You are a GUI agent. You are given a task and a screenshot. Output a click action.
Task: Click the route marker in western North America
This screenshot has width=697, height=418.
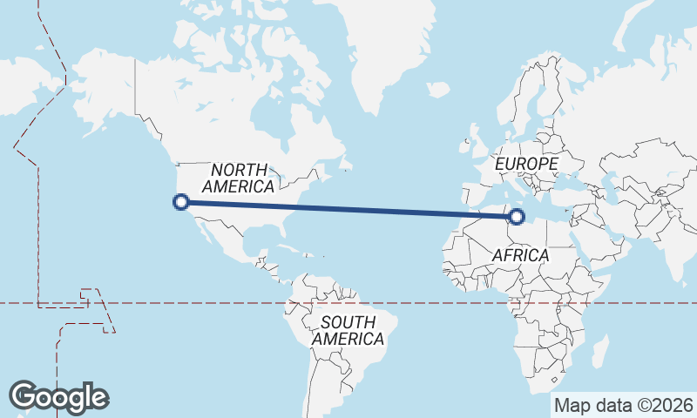181,202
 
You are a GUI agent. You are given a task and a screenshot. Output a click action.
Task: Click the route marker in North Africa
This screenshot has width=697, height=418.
517,216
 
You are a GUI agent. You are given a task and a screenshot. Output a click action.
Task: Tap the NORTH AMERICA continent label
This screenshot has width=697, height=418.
238,177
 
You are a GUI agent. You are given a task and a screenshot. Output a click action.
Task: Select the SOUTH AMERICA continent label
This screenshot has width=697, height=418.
348,330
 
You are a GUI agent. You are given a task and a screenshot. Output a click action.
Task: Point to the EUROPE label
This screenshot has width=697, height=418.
525,164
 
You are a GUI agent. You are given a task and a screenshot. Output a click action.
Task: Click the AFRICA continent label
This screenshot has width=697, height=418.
520,255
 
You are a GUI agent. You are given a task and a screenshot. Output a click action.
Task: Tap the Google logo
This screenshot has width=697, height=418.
58,396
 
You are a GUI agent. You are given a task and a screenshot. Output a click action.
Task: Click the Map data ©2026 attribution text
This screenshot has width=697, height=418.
623,405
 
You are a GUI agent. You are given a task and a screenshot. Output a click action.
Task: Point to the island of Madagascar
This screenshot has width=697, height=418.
599,353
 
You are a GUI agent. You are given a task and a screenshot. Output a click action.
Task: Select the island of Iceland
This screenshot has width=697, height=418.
438,89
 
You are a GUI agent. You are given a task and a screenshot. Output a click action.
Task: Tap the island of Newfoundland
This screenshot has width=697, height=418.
346,162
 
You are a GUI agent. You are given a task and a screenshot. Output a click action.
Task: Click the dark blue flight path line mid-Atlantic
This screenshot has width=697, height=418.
348,209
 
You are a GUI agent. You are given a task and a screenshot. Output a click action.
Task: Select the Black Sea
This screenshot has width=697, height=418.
583,178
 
